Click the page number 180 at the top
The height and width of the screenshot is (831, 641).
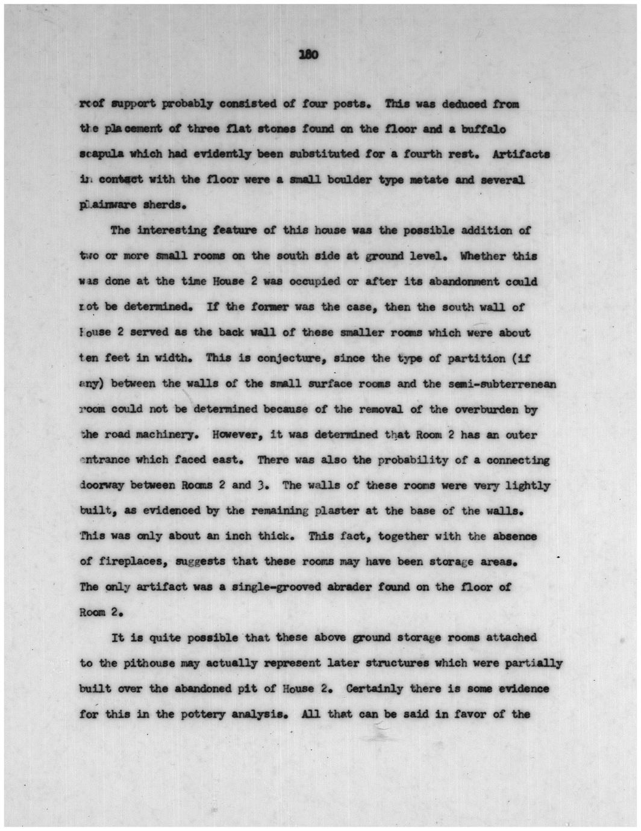tap(308, 55)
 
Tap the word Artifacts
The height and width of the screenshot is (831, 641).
tap(521, 154)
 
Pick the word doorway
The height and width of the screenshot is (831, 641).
tap(102, 485)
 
